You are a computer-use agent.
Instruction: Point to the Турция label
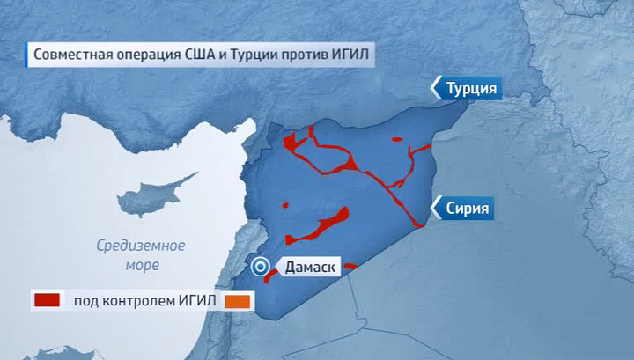click(472, 89)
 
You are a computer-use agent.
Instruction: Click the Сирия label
click(468, 209)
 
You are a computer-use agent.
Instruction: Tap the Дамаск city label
click(308, 267)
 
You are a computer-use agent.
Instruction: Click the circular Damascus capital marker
click(261, 267)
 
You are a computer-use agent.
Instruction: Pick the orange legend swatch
click(238, 301)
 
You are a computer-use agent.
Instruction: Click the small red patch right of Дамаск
click(350, 266)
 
